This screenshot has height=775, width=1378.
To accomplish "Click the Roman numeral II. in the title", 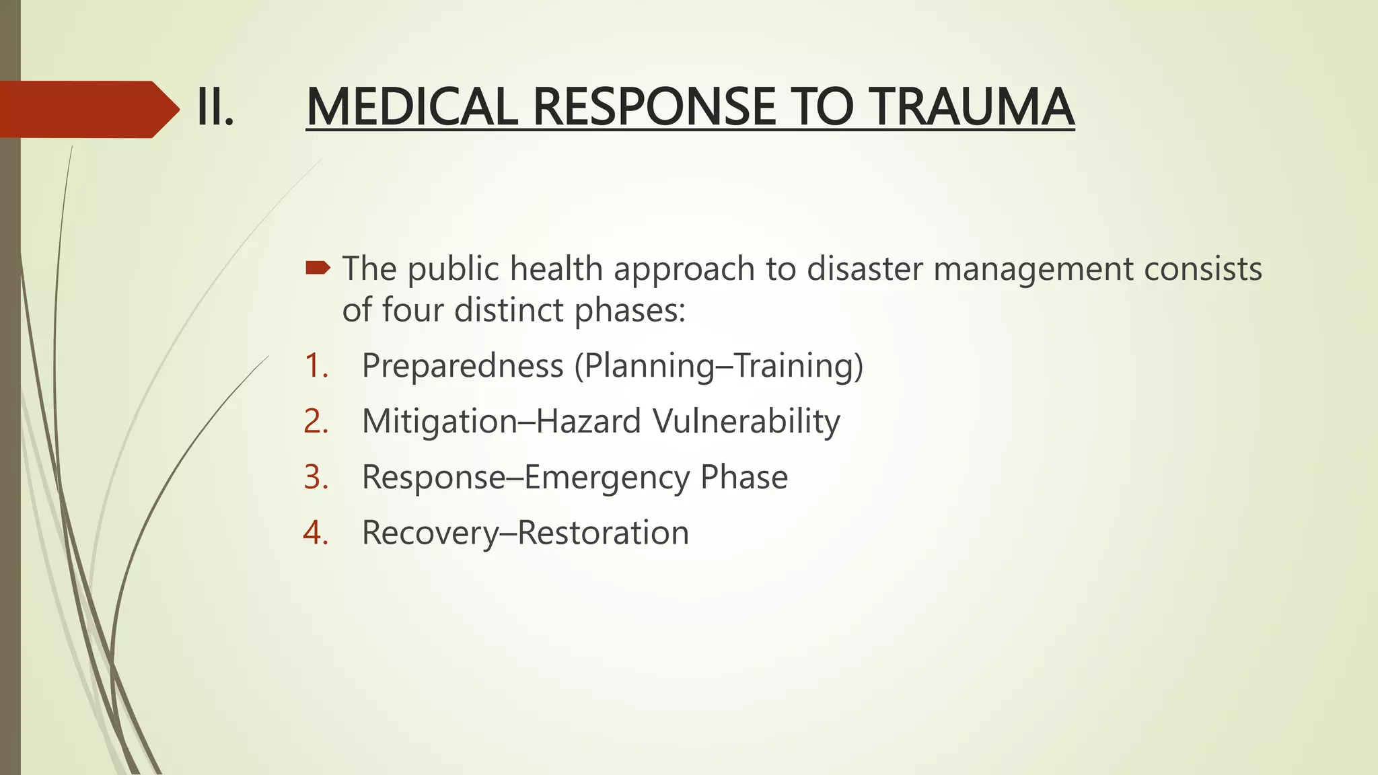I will point(215,108).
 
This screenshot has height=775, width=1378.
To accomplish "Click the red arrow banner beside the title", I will point(87,109).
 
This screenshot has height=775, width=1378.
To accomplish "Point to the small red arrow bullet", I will point(318,269).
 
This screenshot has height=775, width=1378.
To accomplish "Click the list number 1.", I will point(316,366).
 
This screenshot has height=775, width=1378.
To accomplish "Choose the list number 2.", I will point(316,422).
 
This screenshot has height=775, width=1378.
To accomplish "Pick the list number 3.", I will point(316,478).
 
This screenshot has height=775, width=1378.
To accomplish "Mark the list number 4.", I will point(316,533).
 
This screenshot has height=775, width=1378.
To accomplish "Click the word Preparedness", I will point(462,366).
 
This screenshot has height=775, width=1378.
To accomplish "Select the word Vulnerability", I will point(746,422).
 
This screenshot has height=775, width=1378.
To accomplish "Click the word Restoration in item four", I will point(604,533).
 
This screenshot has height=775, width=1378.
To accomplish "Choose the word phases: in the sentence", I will point(630,311).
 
